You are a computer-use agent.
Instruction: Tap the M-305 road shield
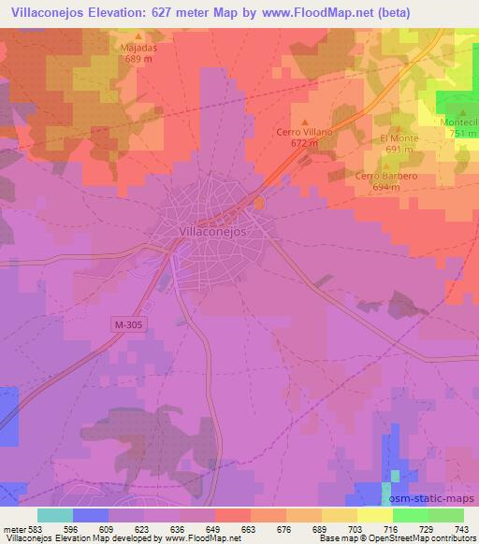pos(127,322)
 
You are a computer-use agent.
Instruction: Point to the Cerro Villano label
pos(304,133)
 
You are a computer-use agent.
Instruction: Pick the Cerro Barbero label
pos(385,176)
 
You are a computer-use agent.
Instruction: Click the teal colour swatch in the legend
pos(55,515)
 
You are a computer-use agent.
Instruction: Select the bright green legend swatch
pos(410,515)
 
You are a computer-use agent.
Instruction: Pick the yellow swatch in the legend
pos(374,515)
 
